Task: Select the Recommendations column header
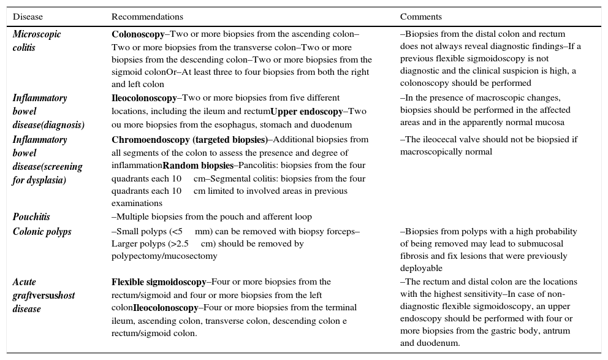point(147,17)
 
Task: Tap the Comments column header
point(421,17)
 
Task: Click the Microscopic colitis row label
point(37,40)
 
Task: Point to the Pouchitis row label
point(31,217)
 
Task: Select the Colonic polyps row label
point(42,232)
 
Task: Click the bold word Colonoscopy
point(138,34)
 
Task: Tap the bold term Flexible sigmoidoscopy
point(159,282)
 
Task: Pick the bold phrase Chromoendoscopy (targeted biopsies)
point(189,140)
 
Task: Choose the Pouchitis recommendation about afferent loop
point(211,217)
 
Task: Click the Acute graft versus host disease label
point(44,296)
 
